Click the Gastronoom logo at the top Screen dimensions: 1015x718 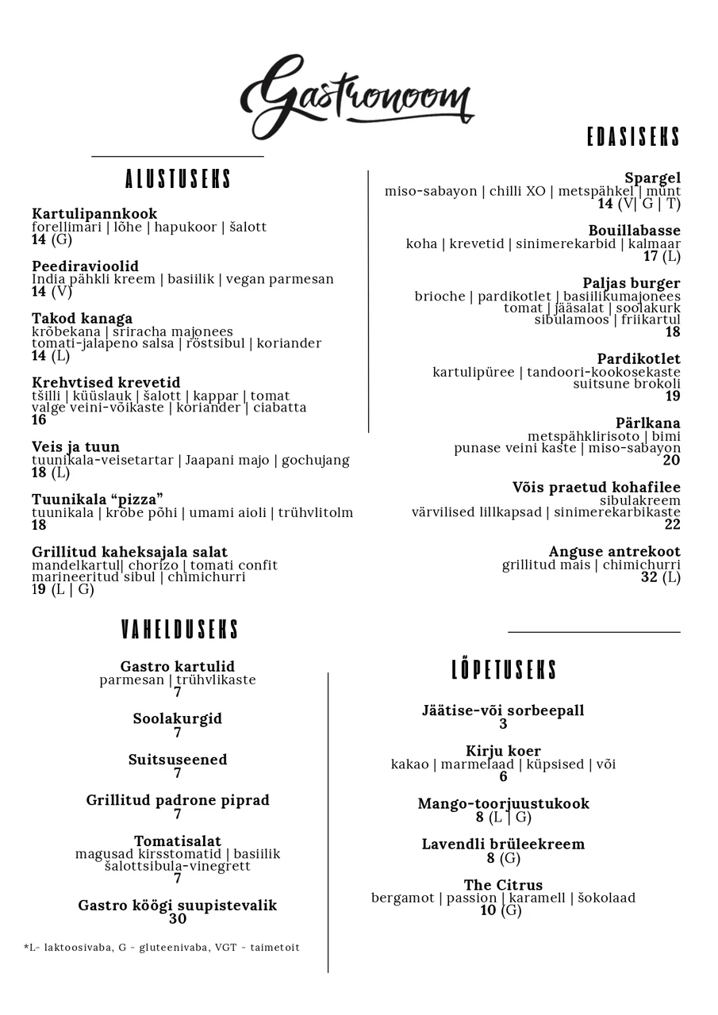[356, 96]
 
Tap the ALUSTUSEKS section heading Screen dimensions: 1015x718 [178, 179]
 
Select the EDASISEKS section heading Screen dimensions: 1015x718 [633, 137]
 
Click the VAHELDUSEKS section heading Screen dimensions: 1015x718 [179, 630]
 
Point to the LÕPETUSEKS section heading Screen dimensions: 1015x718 [504, 670]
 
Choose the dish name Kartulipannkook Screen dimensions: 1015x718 [94, 213]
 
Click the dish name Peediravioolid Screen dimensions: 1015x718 [85, 266]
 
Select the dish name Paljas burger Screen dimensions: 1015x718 [631, 282]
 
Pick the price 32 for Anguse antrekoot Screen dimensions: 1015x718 [649, 577]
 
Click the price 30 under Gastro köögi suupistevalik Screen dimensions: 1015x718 [178, 918]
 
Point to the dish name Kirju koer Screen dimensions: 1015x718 [503, 750]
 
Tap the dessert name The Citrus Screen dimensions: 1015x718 [503, 884]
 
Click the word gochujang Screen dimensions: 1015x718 [316, 460]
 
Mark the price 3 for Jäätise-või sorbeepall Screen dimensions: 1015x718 [503, 723]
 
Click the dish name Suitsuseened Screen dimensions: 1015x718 [178, 759]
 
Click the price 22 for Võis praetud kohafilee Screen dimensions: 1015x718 [672, 524]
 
